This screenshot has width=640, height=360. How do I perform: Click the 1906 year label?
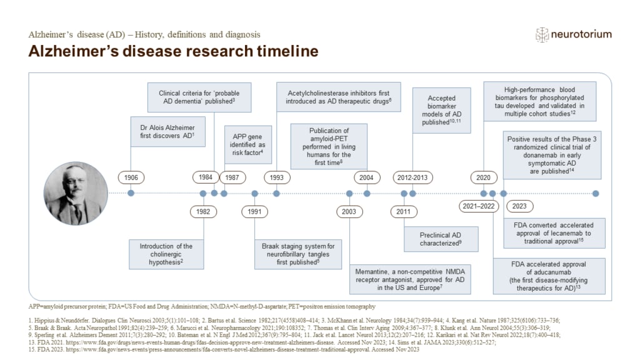tap(131, 177)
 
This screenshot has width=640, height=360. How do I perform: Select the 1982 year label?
tap(203, 211)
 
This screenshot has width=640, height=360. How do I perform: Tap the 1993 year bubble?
tap(276, 177)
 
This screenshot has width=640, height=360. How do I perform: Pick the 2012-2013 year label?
tap(412, 177)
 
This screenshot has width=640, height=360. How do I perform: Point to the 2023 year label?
tap(519, 206)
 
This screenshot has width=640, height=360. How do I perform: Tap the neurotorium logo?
tap(573, 34)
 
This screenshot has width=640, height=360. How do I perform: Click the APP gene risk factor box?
tap(244, 143)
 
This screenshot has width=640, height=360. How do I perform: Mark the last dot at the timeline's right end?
tap(596, 193)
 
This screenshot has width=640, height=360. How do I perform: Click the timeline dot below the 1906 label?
tap(131, 193)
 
